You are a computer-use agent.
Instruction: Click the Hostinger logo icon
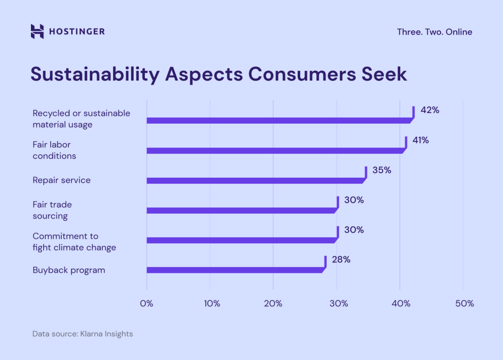[37, 31]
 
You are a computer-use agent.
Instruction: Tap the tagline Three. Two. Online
[434, 32]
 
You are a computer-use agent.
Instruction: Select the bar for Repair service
[255, 180]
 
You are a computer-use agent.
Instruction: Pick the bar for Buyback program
[236, 270]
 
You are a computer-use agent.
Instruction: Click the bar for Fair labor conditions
[275, 150]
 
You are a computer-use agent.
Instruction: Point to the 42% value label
[430, 110]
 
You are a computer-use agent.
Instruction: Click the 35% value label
[381, 170]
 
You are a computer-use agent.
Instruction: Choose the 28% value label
[341, 259]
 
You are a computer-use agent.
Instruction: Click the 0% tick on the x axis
[146, 304]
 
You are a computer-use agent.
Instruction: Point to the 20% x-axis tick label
[273, 304]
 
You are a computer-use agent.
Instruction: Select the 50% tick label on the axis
[464, 304]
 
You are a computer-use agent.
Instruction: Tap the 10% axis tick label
[210, 304]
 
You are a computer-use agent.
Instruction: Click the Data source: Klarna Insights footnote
[83, 334]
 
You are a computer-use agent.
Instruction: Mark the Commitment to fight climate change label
[74, 242]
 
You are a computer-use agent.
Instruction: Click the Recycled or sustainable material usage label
[81, 119]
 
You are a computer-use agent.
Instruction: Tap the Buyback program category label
[69, 270]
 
